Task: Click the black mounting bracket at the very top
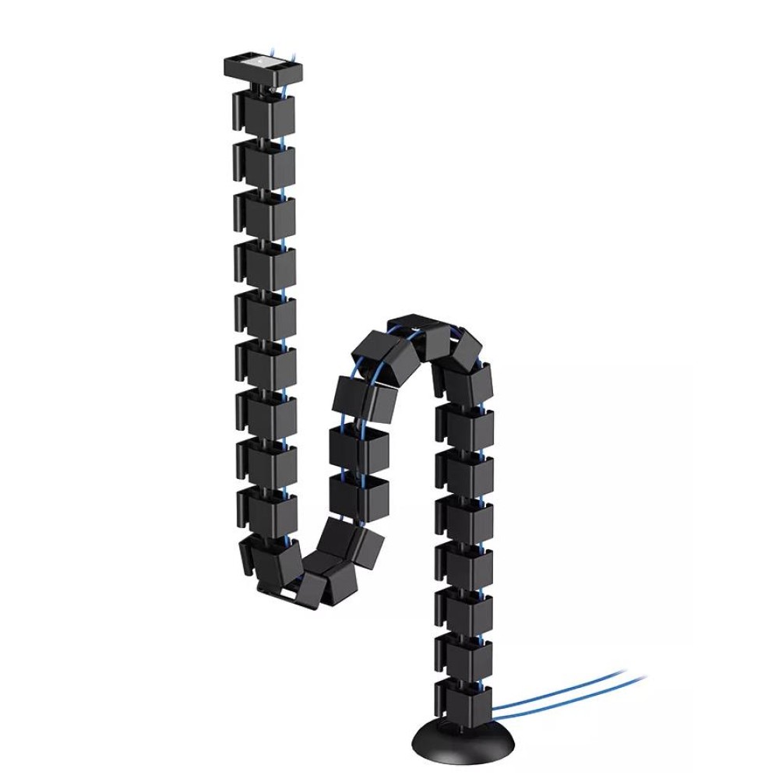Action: (x=263, y=71)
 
